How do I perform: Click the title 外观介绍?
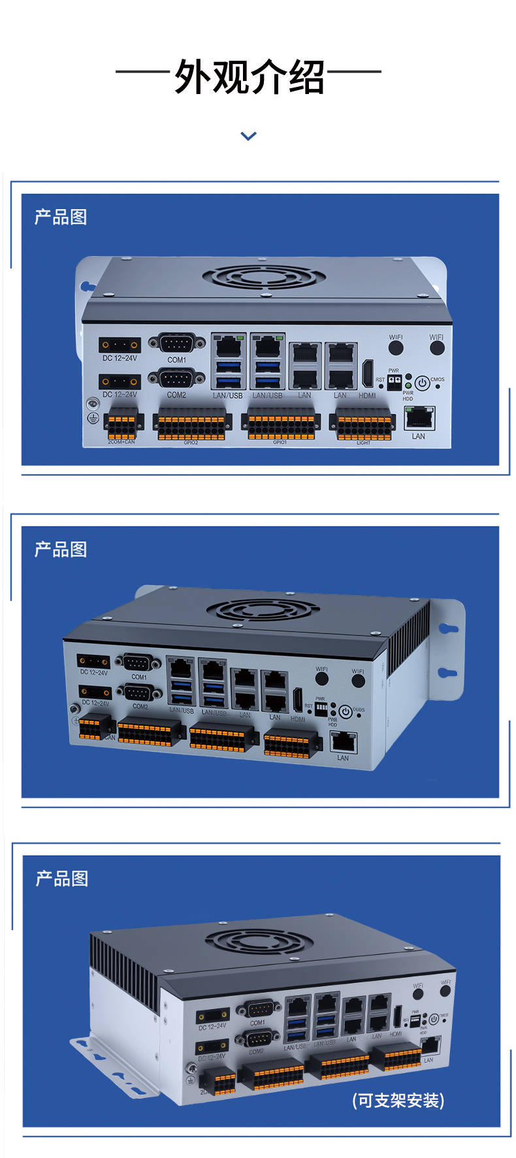click(x=249, y=77)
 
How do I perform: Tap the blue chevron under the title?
click(x=248, y=136)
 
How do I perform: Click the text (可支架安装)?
click(x=398, y=1100)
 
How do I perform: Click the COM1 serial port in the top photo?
click(x=176, y=344)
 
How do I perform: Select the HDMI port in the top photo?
click(x=368, y=373)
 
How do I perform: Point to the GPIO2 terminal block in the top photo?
click(x=191, y=426)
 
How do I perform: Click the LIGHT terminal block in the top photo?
click(x=363, y=426)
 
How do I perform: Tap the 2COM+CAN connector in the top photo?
click(x=123, y=426)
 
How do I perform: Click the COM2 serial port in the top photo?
click(x=176, y=378)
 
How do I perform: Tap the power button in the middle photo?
click(x=346, y=712)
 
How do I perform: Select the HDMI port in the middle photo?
click(x=298, y=700)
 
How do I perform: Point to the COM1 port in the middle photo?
click(x=138, y=662)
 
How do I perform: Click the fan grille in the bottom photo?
click(x=259, y=941)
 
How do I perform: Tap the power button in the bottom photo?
click(x=434, y=1019)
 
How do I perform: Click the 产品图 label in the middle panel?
click(x=61, y=549)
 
